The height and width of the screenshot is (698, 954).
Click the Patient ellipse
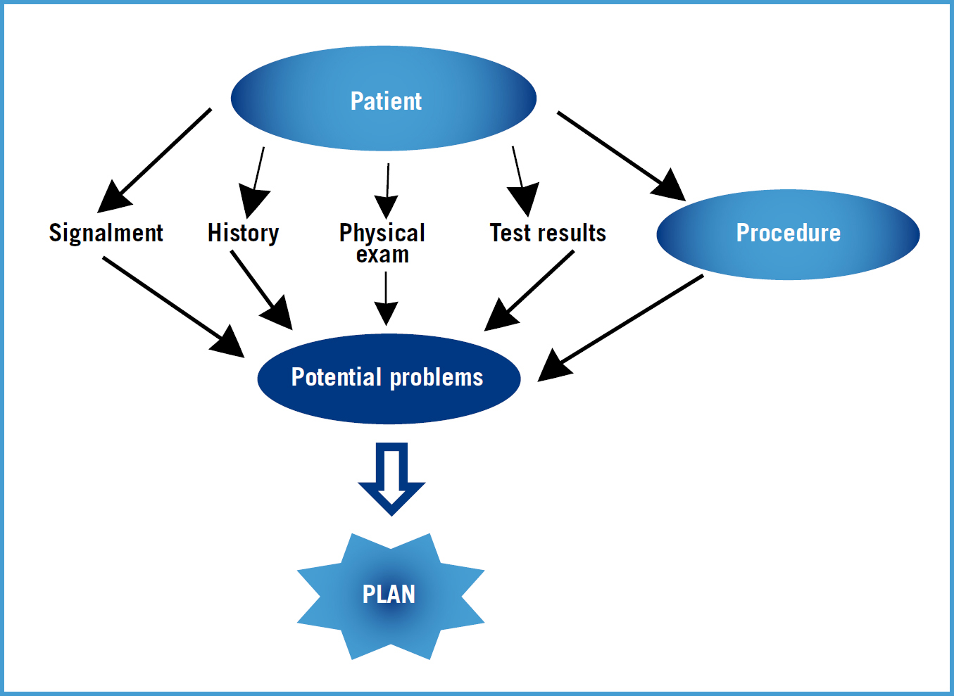[383, 99]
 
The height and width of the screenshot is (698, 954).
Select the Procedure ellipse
[788, 234]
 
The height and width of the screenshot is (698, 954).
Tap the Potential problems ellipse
[389, 379]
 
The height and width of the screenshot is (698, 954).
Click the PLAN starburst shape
[391, 596]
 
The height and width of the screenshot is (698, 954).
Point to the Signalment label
[106, 233]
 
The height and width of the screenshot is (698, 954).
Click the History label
[243, 233]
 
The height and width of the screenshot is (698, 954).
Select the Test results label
[548, 233]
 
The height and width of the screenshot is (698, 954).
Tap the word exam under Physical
[382, 255]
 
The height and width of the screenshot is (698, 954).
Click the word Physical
[382, 233]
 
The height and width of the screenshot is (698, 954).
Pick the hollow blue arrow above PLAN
[392, 479]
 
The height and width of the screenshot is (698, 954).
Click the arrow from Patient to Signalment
[154, 160]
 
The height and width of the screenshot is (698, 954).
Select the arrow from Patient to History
[255, 183]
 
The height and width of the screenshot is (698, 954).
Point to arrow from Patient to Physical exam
[387, 191]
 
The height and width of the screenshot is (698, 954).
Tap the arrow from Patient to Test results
[523, 182]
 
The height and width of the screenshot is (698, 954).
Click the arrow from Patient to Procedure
[622, 156]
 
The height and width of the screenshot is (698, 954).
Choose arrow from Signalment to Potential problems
[174, 307]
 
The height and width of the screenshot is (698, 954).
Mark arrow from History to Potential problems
[261, 291]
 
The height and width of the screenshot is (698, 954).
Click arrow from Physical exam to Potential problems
[386, 299]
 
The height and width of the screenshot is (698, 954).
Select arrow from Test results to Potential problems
[529, 291]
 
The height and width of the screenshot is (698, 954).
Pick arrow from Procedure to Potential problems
[620, 328]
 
